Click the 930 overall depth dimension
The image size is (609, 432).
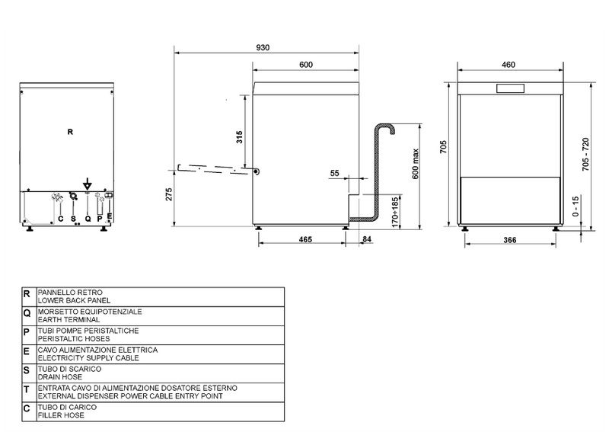[x=263, y=47]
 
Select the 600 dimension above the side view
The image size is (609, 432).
[x=306, y=65]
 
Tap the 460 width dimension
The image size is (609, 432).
[x=509, y=65]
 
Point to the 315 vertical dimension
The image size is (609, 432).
[x=239, y=137]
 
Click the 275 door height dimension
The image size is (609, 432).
[x=169, y=194]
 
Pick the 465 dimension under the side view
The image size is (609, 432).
[x=305, y=239]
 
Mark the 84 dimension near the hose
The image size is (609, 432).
[x=367, y=239]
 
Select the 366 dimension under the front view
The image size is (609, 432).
[x=509, y=240]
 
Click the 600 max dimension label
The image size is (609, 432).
[x=416, y=164]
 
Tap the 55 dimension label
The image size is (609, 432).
[x=334, y=173]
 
